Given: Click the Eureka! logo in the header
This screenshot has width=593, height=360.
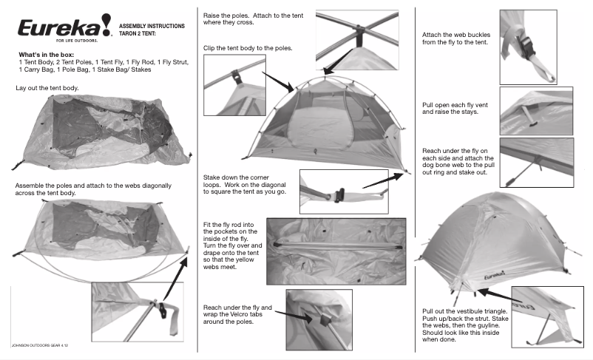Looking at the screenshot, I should pyautogui.click(x=63, y=29).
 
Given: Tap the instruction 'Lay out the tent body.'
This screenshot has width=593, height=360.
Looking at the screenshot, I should pyautogui.click(x=47, y=89).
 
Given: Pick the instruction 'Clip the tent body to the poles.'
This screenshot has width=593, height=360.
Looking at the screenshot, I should pyautogui.click(x=248, y=48).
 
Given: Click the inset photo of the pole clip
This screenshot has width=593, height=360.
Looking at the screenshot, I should pyautogui.click(x=235, y=78).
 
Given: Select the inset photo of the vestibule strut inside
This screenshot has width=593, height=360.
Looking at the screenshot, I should pyautogui.click(x=546, y=313).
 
